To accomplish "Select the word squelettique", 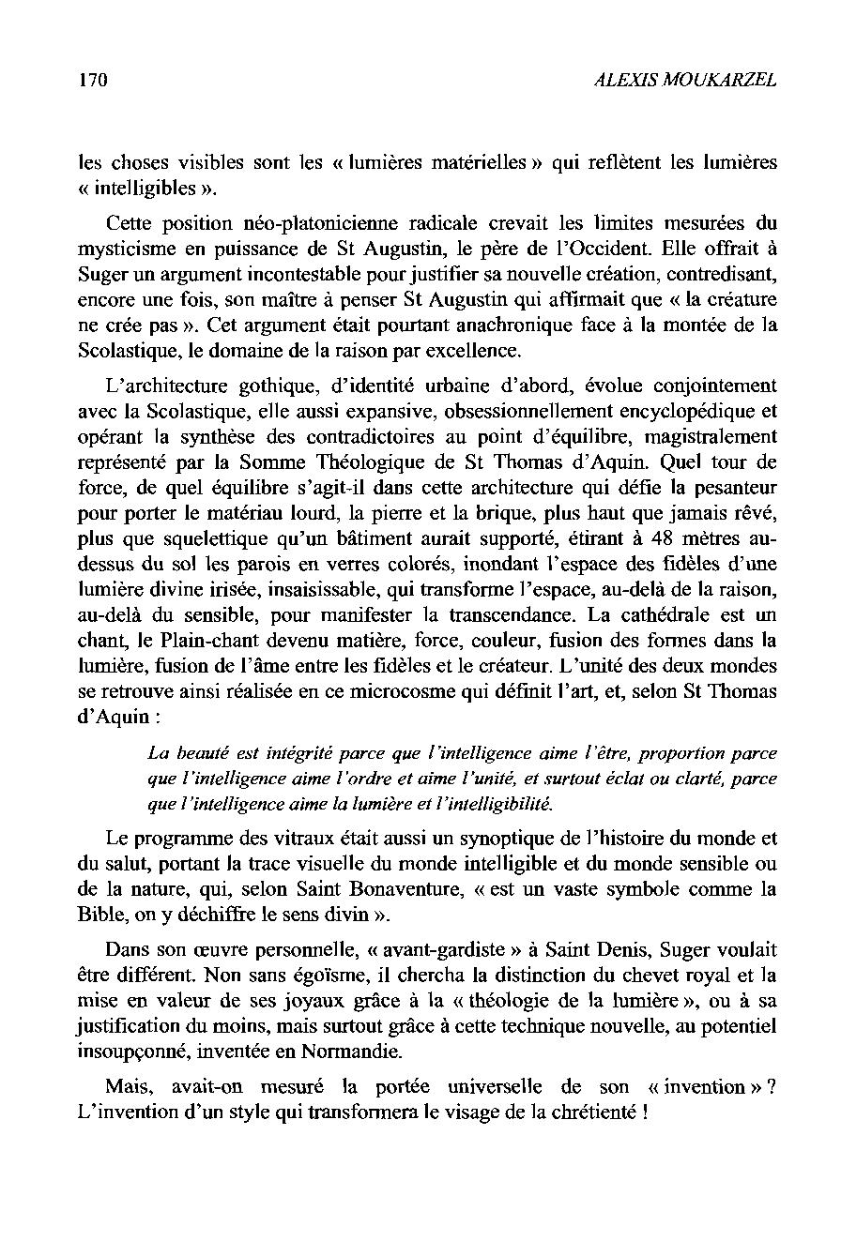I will pyautogui.click(x=196, y=540).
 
